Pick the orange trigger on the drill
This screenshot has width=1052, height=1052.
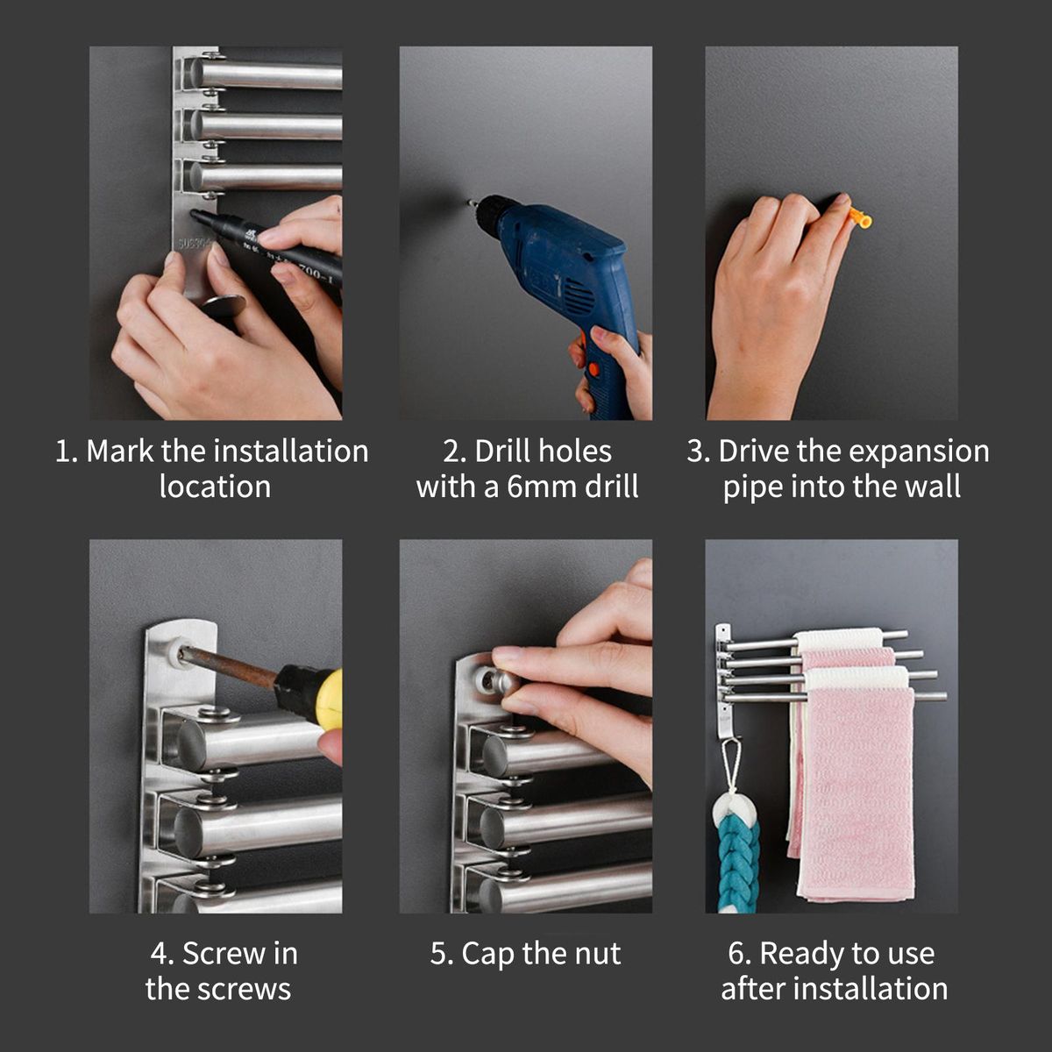pyautogui.click(x=593, y=370)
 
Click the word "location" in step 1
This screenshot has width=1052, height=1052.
pyautogui.click(x=215, y=487)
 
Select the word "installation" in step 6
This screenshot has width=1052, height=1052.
pyautogui.click(x=870, y=989)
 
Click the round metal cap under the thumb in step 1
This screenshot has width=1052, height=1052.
pyautogui.click(x=224, y=306)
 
